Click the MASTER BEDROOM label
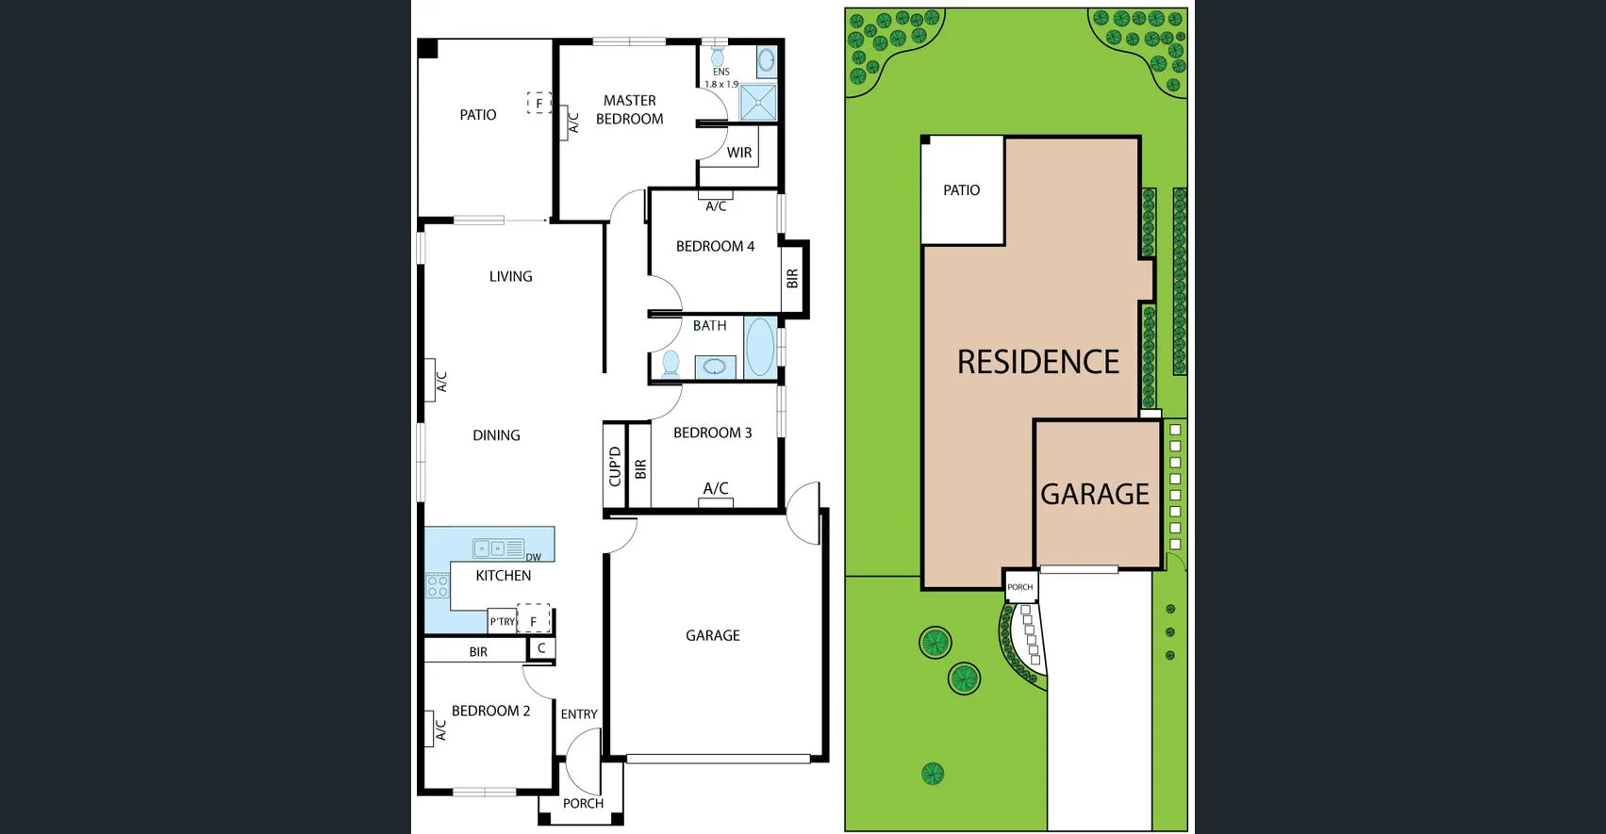(x=629, y=109)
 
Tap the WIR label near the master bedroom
(x=739, y=153)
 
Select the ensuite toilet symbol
(x=718, y=57)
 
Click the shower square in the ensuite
(x=757, y=103)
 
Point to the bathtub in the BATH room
(x=759, y=347)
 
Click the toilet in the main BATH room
(x=671, y=363)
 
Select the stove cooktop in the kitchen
(x=437, y=585)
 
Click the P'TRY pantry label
(x=502, y=621)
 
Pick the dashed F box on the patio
(x=538, y=103)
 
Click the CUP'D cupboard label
(x=615, y=466)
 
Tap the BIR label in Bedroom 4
(x=792, y=279)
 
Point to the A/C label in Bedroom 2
(x=440, y=729)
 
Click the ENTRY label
(x=578, y=714)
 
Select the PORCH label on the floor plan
(x=583, y=803)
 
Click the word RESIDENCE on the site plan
(x=1037, y=362)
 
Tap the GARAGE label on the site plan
(x=1094, y=494)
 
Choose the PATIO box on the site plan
(x=961, y=190)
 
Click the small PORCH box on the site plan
(x=1019, y=586)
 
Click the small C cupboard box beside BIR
(x=541, y=648)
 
